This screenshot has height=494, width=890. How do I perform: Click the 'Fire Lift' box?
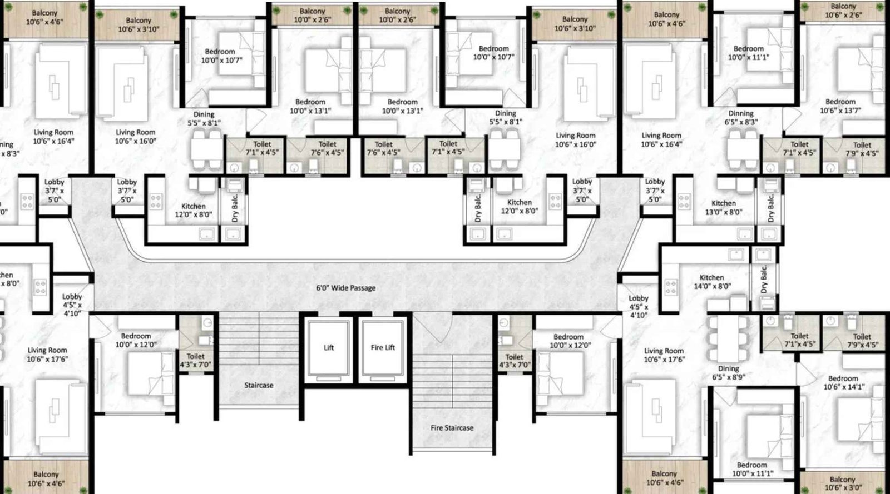tap(382, 348)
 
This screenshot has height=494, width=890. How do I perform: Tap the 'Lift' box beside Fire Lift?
tap(329, 348)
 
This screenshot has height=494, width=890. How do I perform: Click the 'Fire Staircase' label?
tap(452, 428)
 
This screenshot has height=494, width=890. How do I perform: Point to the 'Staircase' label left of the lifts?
tap(258, 385)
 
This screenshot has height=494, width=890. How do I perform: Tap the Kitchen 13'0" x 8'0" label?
tap(723, 207)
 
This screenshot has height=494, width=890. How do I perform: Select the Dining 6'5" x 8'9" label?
tap(728, 372)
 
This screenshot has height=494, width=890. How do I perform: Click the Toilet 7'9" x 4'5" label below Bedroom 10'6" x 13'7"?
tap(862, 149)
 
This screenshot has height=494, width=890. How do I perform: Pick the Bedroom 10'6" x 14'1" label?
tap(843, 382)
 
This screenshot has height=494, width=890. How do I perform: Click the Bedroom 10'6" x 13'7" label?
tap(840, 106)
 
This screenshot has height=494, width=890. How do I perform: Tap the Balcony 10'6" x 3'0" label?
tap(842, 483)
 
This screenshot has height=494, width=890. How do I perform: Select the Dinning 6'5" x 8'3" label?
tap(740, 117)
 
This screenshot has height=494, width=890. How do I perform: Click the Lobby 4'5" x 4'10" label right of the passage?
tap(638, 307)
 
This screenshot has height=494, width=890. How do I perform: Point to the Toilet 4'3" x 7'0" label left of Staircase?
tap(195, 361)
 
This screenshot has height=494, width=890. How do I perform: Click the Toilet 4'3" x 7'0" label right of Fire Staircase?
tap(514, 361)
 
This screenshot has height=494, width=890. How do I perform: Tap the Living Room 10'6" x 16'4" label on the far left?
tap(53, 137)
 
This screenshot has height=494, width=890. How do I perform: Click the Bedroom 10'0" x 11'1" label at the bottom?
tap(751, 469)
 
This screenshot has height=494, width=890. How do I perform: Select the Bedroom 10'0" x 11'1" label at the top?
tap(748, 53)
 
